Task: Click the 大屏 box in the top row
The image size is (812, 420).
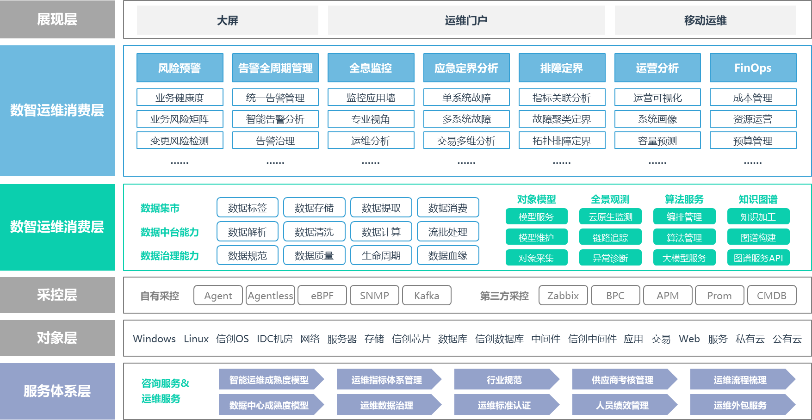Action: (x=227, y=20)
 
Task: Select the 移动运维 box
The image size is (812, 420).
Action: (x=705, y=20)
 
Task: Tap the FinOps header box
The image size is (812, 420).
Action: (x=753, y=68)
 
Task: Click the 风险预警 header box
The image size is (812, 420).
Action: (x=180, y=68)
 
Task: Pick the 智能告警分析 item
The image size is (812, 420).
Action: (x=275, y=119)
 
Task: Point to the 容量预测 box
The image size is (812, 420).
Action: (x=657, y=141)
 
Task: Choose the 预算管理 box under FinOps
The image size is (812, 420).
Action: (x=753, y=141)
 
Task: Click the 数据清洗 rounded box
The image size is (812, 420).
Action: (x=314, y=232)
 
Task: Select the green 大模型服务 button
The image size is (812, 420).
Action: (x=684, y=258)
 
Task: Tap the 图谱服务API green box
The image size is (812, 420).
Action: (x=758, y=258)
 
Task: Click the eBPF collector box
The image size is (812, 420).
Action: (x=322, y=296)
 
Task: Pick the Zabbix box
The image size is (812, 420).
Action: (x=563, y=296)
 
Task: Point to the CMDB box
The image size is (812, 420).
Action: (x=771, y=296)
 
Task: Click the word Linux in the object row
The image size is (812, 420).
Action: (x=196, y=339)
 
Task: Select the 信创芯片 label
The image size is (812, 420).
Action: (x=410, y=339)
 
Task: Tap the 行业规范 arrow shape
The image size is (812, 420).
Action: (x=504, y=380)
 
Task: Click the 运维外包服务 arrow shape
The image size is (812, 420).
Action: (x=740, y=405)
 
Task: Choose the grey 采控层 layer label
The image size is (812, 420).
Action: (x=57, y=295)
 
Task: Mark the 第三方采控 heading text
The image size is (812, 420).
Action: (x=504, y=296)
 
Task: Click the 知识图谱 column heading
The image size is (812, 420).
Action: (x=758, y=199)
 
